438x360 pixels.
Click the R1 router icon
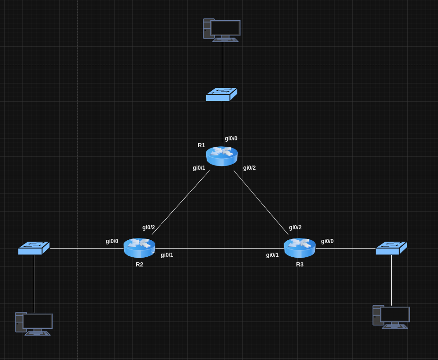pyautogui.click(x=222, y=156)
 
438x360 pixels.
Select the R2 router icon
pyautogui.click(x=139, y=248)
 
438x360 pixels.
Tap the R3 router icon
pyautogui.click(x=300, y=248)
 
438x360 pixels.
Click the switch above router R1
pyautogui.click(x=222, y=94)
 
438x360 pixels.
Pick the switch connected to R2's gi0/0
pyautogui.click(x=34, y=248)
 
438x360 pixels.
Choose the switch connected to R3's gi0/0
pyautogui.click(x=391, y=248)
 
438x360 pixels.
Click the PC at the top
pyautogui.click(x=222, y=30)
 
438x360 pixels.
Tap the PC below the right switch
pyautogui.click(x=391, y=317)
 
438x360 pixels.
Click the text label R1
pyautogui.click(x=201, y=145)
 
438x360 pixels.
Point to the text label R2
pyautogui.click(x=139, y=265)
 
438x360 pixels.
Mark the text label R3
pyautogui.click(x=300, y=265)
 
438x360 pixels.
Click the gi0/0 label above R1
pyautogui.click(x=231, y=138)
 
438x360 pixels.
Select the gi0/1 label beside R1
pyautogui.click(x=199, y=168)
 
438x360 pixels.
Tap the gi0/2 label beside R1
pyautogui.click(x=249, y=168)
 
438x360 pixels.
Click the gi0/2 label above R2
pyautogui.click(x=148, y=227)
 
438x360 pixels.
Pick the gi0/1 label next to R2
pyautogui.click(x=167, y=255)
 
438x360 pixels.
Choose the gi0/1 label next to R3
pyautogui.click(x=272, y=255)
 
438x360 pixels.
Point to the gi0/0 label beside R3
pyautogui.click(x=327, y=241)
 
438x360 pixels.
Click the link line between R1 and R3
pyautogui.click(x=261, y=203)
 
